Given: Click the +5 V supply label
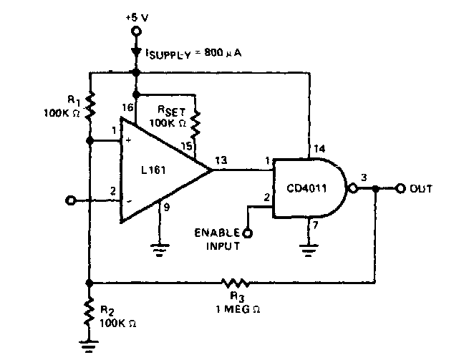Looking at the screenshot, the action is (137, 18).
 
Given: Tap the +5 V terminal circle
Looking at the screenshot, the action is (136, 31).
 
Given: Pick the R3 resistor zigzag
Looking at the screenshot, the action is (236, 283).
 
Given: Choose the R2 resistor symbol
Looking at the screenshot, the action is (89, 313).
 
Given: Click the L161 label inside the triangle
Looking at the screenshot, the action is (153, 170).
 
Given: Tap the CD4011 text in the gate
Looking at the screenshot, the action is (306, 188).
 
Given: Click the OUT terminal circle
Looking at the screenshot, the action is (400, 188).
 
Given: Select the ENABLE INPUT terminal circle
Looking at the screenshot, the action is (247, 234).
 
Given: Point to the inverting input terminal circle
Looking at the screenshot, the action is (70, 201).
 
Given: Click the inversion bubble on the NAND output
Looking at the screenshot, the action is (353, 188).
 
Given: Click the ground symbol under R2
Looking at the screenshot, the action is (89, 346).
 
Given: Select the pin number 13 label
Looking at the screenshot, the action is (221, 160).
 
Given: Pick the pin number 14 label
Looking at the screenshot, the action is (319, 148).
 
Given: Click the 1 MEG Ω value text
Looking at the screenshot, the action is (238, 309).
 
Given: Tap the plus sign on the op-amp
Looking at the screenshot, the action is (128, 140).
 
